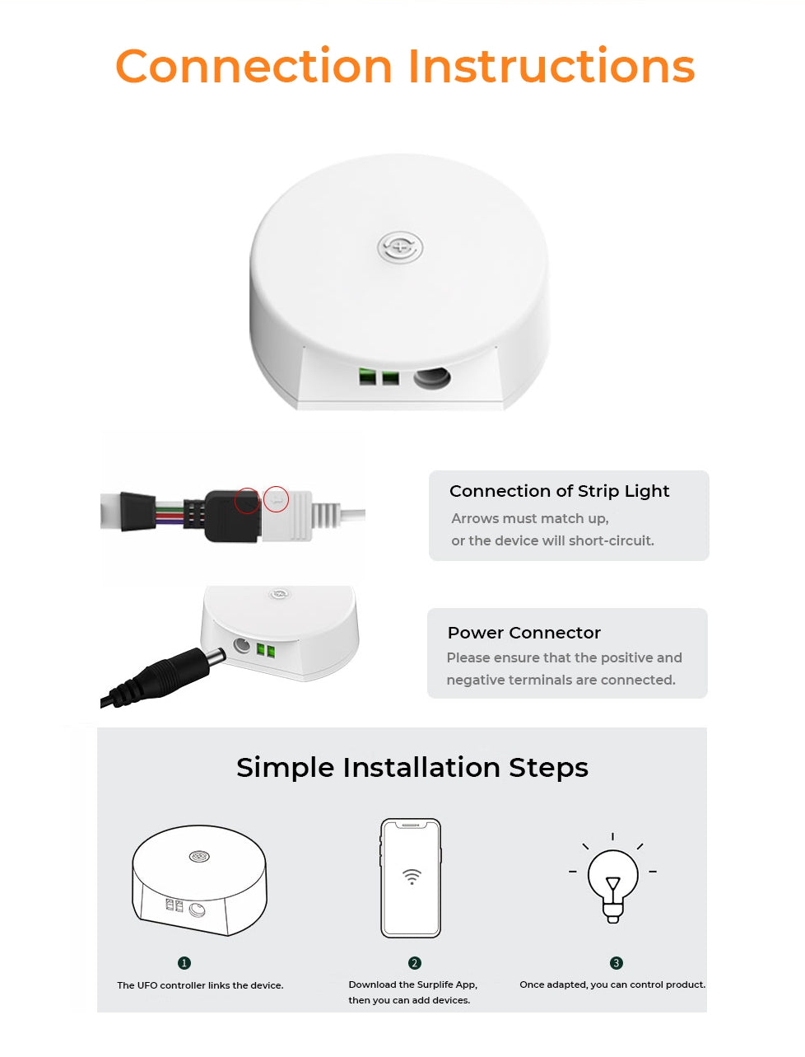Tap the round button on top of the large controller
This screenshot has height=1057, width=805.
(399, 248)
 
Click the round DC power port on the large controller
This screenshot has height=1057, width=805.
(432, 377)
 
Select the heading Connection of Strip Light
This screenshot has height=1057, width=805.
(559, 491)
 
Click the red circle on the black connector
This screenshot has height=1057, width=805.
(247, 500)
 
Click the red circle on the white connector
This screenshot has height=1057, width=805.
(276, 498)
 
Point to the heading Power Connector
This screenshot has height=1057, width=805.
(524, 633)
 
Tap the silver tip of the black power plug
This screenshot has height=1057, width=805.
(216, 657)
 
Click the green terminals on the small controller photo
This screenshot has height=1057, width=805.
(266, 651)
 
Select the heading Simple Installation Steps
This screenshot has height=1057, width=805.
(412, 768)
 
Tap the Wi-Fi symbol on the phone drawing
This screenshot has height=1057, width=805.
(412, 877)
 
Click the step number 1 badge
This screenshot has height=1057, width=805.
(184, 962)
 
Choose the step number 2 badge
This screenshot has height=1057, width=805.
(415, 962)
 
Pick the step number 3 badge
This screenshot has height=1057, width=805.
(617, 962)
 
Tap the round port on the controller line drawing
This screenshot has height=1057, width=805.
(198, 910)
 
